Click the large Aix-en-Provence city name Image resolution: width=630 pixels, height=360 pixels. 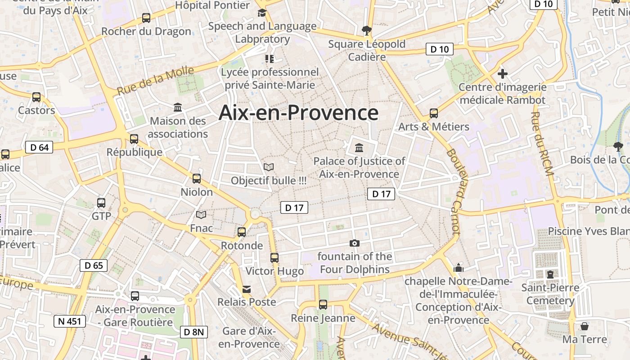(298, 113)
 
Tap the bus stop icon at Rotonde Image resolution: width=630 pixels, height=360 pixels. (242, 232)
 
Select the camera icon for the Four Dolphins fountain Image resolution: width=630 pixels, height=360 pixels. (355, 243)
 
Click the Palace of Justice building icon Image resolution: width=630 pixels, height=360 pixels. (359, 148)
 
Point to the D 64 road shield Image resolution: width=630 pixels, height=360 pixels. (39, 147)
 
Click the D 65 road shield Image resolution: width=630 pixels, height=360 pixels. (94, 265)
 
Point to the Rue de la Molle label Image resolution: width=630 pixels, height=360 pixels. (156, 80)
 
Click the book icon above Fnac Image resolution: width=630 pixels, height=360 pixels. (201, 215)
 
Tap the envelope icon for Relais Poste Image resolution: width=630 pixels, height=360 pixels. (247, 289)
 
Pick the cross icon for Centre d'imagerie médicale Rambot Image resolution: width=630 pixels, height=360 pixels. (503, 73)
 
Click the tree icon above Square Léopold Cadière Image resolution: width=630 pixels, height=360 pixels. (367, 31)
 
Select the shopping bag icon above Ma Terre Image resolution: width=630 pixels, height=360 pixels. (584, 326)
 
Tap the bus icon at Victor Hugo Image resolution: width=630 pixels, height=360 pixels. (274, 258)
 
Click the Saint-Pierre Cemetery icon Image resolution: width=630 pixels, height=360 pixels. (550, 274)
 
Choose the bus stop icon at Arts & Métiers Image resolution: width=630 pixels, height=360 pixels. (434, 113)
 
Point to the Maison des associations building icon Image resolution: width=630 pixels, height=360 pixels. (178, 108)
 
